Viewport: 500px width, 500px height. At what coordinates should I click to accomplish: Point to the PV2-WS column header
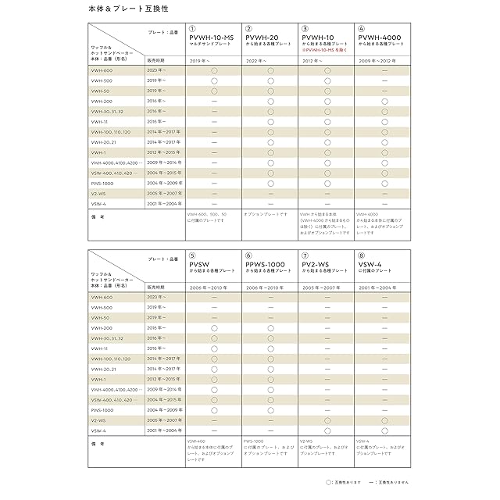321,266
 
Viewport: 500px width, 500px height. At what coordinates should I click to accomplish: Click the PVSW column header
201,266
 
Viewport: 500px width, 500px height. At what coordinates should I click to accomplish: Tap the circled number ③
305,28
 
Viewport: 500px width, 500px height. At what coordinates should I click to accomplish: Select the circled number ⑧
361,255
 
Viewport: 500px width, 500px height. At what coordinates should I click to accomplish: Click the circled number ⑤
192,255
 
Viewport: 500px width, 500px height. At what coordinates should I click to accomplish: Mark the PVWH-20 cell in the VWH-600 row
270,71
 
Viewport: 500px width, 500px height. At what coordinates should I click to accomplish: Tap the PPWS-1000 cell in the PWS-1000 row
270,409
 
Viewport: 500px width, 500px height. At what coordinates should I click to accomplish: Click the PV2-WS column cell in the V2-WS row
327,420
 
